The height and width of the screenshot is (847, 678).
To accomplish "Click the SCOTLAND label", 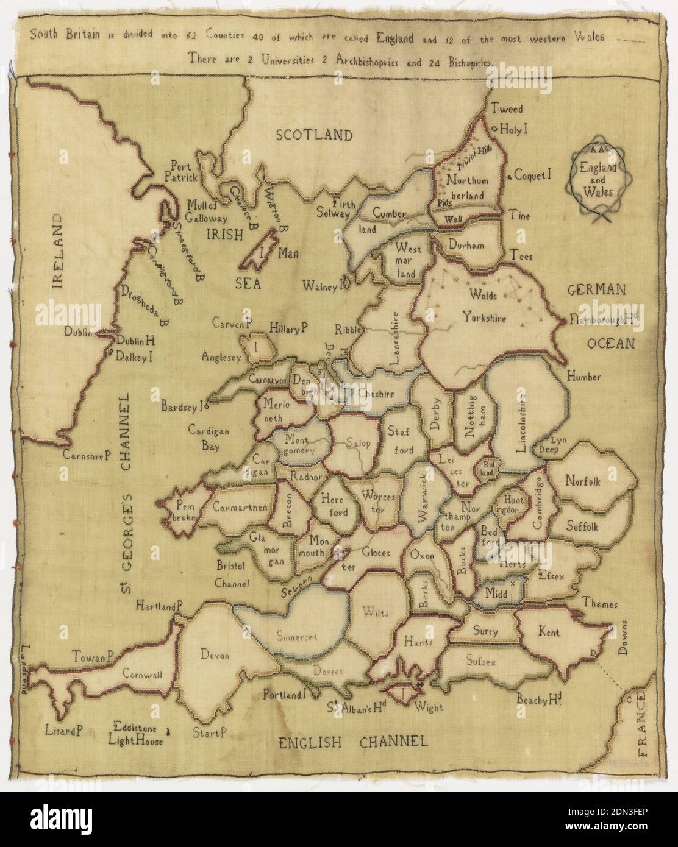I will click(x=313, y=135).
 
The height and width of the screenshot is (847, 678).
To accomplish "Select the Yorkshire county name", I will click(x=484, y=316).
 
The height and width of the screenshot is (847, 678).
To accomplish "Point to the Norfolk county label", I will click(x=582, y=481).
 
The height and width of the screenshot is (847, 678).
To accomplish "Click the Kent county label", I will click(x=549, y=633).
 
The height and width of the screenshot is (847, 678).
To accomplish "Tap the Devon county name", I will click(x=214, y=656).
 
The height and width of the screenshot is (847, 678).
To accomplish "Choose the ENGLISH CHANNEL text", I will click(x=352, y=742).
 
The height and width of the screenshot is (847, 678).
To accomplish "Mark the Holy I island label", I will click(x=513, y=129).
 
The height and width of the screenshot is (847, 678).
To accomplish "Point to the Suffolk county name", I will click(x=582, y=525).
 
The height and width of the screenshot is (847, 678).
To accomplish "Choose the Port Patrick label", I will click(x=184, y=171).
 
